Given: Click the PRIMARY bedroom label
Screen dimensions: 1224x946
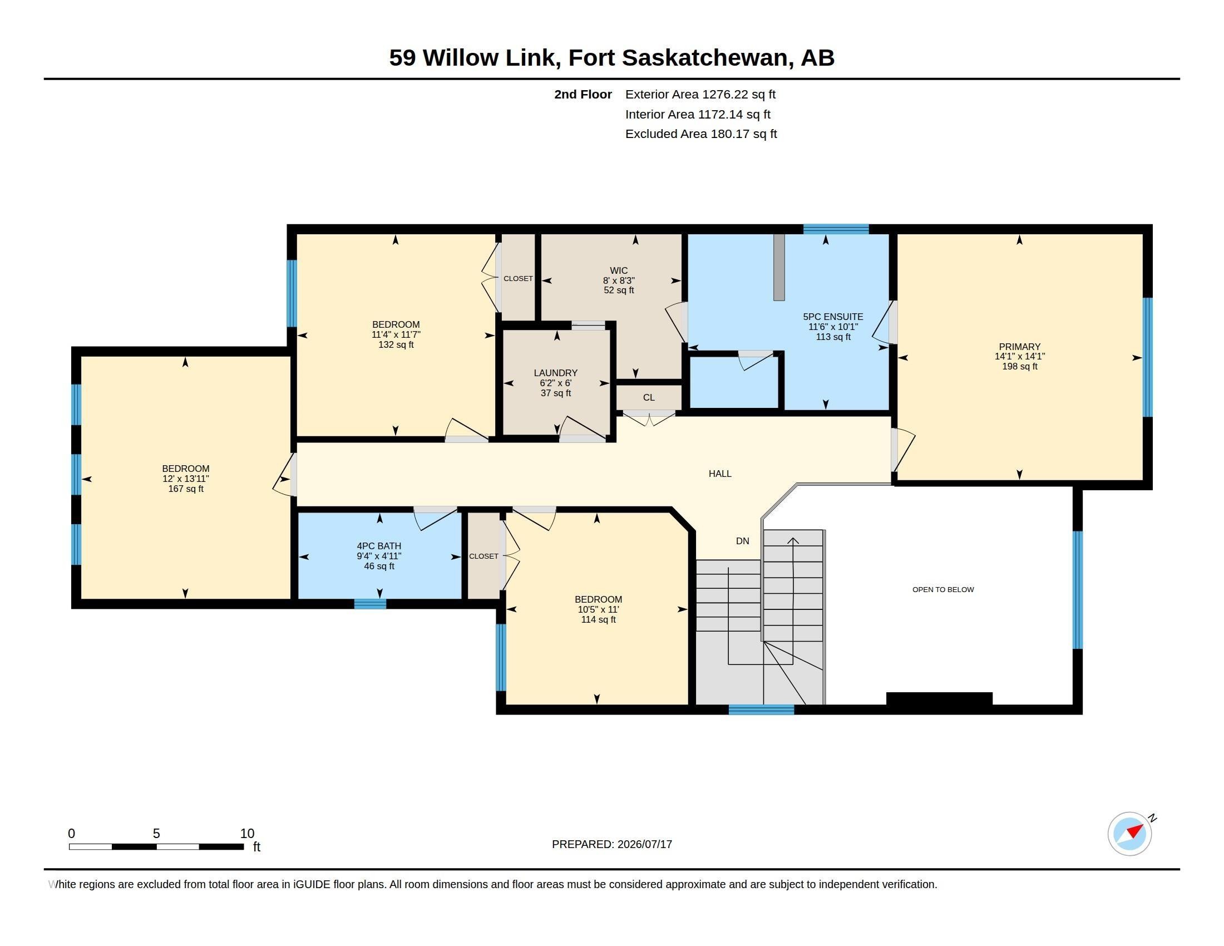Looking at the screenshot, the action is (x=1019, y=347).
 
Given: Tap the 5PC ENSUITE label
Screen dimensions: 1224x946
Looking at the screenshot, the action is (x=833, y=317).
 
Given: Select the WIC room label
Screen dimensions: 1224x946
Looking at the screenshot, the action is (x=619, y=270).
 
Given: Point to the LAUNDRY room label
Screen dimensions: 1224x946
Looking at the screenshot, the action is (x=555, y=373).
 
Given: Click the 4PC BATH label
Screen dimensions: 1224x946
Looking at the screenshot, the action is (x=379, y=546).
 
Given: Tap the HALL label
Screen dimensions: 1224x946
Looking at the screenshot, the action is (x=719, y=474).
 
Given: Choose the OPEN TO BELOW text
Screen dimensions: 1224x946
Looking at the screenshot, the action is (x=942, y=589).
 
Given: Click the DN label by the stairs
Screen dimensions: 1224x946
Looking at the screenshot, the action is (x=742, y=541).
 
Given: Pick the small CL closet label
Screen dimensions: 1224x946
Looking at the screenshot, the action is (x=648, y=397).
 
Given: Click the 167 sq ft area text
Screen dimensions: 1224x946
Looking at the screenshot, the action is (x=185, y=489).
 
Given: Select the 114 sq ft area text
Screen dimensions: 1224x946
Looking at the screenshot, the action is (x=598, y=619).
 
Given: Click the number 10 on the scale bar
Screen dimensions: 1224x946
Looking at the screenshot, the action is (x=247, y=834).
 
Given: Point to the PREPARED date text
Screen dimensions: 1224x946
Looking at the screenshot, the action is (x=611, y=844).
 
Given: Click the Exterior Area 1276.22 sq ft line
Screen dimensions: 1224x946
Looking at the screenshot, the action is (x=700, y=94).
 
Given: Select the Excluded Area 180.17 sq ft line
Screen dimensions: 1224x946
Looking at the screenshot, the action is (x=700, y=134).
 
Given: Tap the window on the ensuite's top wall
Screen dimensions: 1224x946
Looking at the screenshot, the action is (x=836, y=229).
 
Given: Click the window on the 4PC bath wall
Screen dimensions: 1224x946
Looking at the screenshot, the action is (x=370, y=604).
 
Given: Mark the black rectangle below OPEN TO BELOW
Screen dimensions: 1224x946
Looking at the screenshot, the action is (x=939, y=699).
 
